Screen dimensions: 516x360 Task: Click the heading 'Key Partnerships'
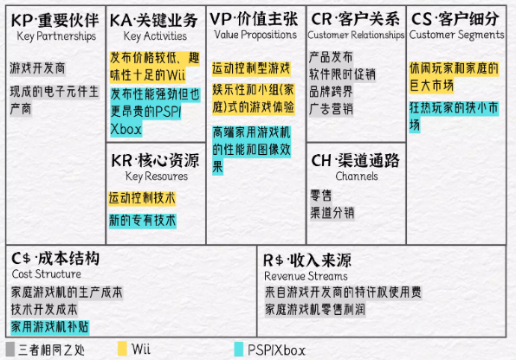point(56,36)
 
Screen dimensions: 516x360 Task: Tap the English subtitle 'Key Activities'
point(155,36)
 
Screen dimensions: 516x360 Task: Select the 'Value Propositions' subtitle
point(255,35)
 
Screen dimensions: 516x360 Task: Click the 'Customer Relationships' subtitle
point(356,35)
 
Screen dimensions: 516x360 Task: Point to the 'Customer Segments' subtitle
point(456,35)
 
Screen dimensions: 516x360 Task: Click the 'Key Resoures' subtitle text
point(157,177)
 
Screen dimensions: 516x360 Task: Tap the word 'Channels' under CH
point(357,176)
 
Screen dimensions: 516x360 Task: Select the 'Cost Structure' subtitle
point(47,273)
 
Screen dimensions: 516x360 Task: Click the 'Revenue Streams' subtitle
point(306,276)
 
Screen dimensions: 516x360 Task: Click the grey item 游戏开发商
point(37,68)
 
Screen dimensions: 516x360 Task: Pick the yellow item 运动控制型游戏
point(251,68)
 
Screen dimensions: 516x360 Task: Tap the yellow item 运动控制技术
point(142,198)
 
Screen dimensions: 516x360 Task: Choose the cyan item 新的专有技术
point(143,221)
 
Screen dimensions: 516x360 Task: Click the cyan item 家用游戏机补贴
point(50,327)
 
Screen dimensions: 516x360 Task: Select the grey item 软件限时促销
point(342,74)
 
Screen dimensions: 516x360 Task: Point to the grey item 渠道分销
point(332,213)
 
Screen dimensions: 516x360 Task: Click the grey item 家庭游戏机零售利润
point(315,310)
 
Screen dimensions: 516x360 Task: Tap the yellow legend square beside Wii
point(122,349)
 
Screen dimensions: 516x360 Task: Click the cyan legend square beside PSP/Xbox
point(239,349)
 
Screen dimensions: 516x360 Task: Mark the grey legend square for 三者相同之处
point(10,349)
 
